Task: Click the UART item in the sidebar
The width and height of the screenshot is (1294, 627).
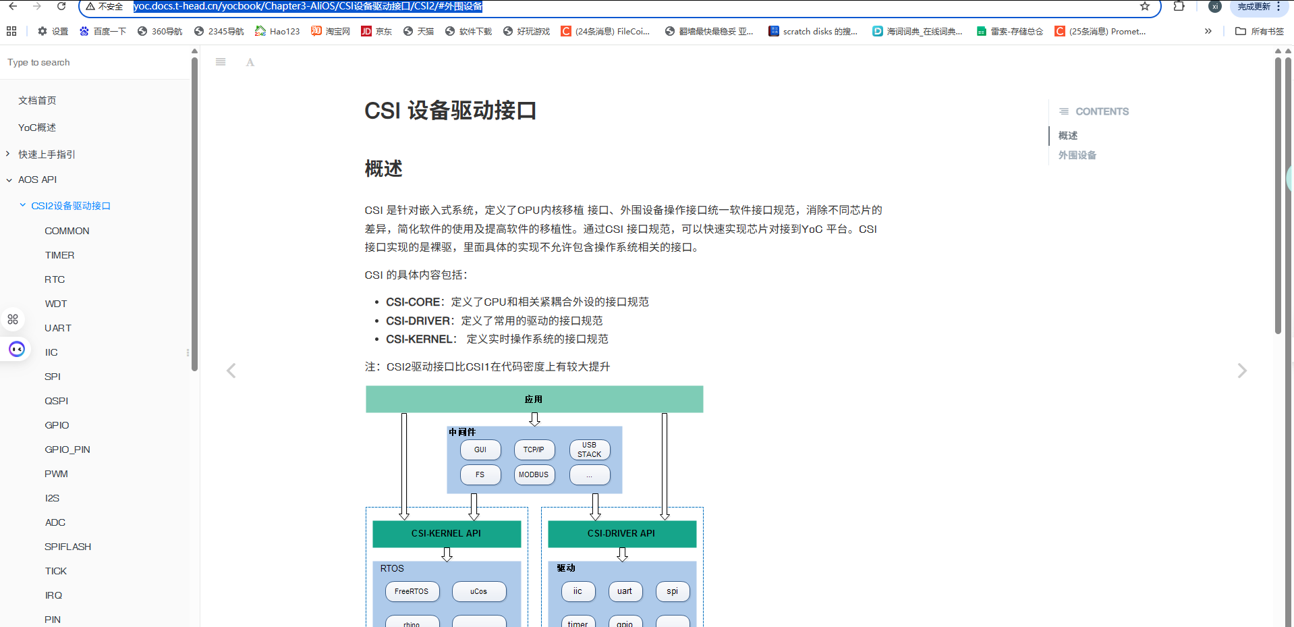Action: (58, 328)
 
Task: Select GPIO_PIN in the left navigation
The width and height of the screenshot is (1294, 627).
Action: (67, 449)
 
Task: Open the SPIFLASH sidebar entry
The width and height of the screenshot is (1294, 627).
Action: (68, 547)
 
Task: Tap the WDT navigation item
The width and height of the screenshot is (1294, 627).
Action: (56, 304)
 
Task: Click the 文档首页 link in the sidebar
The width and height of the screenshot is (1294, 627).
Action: (37, 101)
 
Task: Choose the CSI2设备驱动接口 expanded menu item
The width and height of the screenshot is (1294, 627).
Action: (71, 206)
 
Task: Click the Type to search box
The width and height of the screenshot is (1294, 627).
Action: (94, 63)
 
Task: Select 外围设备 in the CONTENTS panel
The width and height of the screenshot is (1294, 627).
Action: (1077, 155)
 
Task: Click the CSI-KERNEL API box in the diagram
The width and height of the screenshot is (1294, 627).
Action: (446, 533)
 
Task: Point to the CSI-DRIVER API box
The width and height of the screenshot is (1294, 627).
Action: (621, 533)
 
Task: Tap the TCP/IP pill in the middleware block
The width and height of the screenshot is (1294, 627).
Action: (534, 449)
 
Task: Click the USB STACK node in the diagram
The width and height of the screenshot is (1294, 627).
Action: (589, 449)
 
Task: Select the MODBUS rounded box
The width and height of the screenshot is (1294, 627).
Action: (534, 474)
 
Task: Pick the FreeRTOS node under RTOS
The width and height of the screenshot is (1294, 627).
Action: (412, 591)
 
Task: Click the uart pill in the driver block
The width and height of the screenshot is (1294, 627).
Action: (625, 591)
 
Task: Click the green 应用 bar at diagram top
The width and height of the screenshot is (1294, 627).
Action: (534, 399)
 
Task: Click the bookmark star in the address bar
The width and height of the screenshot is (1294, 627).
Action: (1145, 7)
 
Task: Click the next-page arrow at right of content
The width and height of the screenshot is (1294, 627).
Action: (1242, 371)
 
